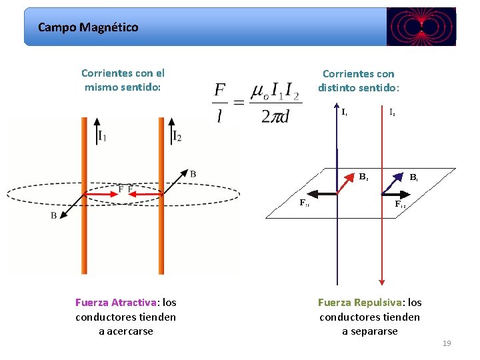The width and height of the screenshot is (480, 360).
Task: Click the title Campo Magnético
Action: click(x=88, y=27)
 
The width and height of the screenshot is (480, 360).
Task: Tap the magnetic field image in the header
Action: click(x=421, y=27)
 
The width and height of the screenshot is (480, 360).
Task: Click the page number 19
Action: click(x=447, y=343)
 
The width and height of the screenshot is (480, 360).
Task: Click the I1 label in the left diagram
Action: click(x=102, y=137)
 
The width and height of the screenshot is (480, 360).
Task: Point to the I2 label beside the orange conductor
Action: click(x=177, y=137)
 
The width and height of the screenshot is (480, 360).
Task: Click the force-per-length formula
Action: click(x=257, y=102)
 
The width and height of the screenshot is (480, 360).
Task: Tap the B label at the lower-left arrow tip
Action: click(x=53, y=216)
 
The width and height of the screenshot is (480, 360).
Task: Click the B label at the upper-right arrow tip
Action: click(x=193, y=174)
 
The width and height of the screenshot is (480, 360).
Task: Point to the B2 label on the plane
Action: click(x=364, y=177)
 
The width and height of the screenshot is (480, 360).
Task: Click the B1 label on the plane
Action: click(x=414, y=178)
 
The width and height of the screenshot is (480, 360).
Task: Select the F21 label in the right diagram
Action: click(x=304, y=202)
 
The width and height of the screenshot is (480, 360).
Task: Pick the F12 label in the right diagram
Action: click(x=400, y=204)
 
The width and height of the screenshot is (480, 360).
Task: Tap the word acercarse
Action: click(x=126, y=331)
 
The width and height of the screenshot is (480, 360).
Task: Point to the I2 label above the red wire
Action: click(x=393, y=113)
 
